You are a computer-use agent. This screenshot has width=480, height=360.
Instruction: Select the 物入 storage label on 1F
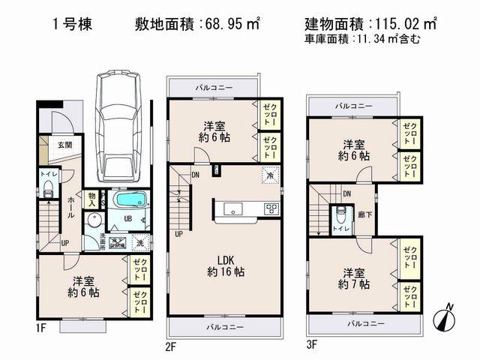pos(91,199)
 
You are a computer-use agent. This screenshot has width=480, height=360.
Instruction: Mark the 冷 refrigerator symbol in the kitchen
pos(268,175)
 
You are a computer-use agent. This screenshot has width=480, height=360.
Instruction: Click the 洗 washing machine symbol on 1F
pos(139,242)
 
